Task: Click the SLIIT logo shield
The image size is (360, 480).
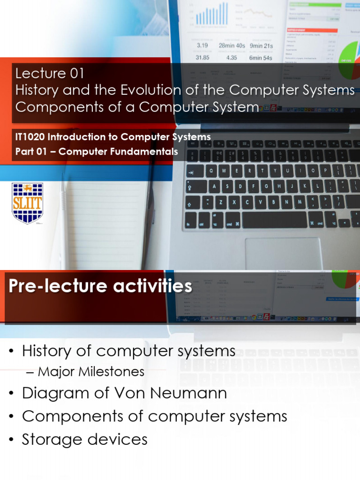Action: tap(27, 203)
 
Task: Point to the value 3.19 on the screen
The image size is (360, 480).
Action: tap(202, 45)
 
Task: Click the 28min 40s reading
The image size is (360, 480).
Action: tap(232, 45)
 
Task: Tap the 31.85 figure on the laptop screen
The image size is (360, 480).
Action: tap(202, 58)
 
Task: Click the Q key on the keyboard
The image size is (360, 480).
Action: tap(210, 171)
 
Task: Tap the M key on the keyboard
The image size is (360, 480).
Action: tap(299, 202)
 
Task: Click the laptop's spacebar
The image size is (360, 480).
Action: tap(274, 219)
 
